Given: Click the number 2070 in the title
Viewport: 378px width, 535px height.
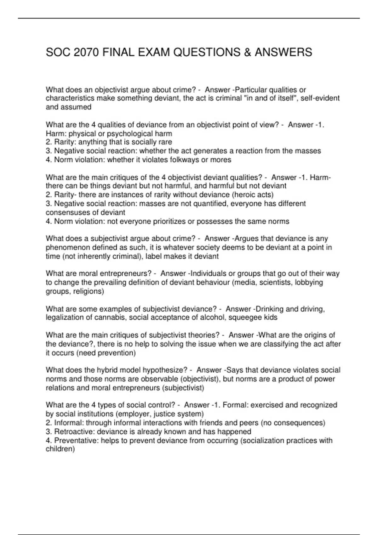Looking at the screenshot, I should point(85,52).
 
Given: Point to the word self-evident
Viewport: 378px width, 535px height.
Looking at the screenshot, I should point(320,98).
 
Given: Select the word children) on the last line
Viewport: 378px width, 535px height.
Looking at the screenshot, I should point(60,449).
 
